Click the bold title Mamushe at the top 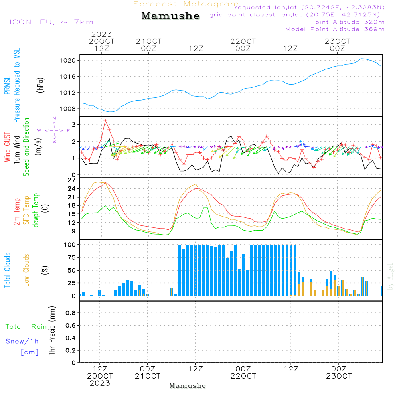[x=170, y=16]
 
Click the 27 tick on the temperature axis [x=72, y=180]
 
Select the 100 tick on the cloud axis [x=70, y=244]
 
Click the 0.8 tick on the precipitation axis [x=70, y=313]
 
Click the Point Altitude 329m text [x=347, y=22]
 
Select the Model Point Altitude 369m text [x=335, y=29]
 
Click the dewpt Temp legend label [x=36, y=210]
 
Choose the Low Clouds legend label [x=27, y=270]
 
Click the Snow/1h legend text [x=22, y=341]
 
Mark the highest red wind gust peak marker [x=105, y=120]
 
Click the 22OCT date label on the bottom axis [x=243, y=376]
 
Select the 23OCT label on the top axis [x=337, y=41]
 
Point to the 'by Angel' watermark [x=391, y=277]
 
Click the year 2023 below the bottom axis [x=100, y=383]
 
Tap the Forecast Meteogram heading [x=186, y=4]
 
